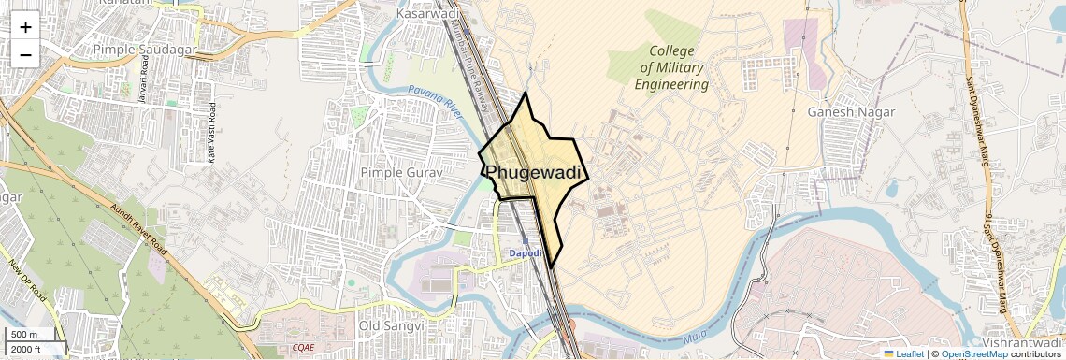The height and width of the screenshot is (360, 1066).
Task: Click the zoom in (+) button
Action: (x=25, y=26)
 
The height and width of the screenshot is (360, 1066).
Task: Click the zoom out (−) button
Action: (x=25, y=53)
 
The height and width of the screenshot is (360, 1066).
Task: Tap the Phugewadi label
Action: (x=534, y=173)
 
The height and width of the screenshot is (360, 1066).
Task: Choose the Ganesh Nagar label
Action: (x=850, y=112)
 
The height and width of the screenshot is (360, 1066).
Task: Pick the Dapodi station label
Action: (x=525, y=253)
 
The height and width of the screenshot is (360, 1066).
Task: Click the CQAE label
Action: (x=303, y=347)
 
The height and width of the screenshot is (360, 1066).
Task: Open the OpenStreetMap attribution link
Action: (x=973, y=353)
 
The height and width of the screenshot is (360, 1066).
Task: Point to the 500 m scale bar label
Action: (x=25, y=335)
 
